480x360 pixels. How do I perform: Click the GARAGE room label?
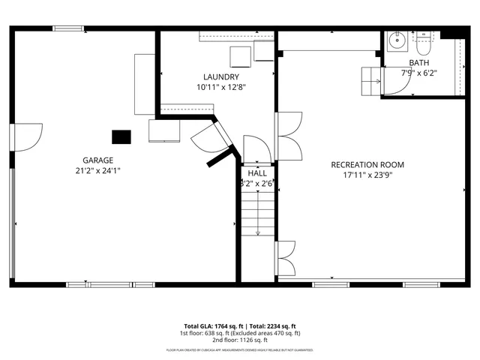98,160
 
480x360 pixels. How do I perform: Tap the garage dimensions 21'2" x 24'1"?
98,170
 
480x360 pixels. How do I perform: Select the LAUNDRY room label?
221,76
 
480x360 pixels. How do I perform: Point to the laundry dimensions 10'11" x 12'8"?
221,87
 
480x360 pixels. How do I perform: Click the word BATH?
419,62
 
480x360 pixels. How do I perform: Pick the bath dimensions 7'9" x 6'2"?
419,73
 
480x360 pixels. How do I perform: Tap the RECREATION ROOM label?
368,165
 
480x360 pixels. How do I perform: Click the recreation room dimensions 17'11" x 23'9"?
368,176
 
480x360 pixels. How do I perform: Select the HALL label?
257,172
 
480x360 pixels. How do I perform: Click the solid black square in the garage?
121,136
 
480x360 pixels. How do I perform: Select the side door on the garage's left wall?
22,136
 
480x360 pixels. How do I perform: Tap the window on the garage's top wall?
67,29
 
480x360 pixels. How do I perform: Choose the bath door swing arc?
396,84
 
